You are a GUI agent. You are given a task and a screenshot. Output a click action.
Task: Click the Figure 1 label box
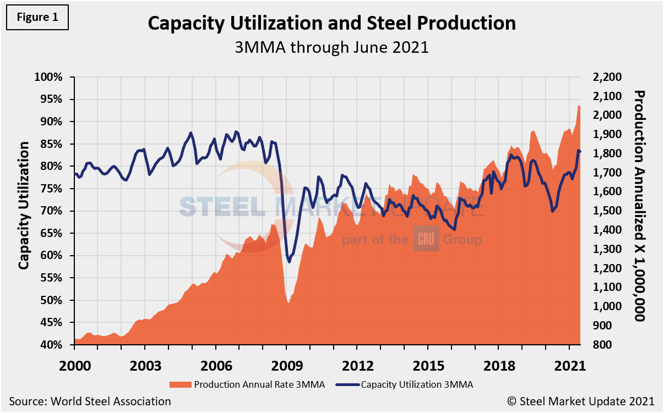point(37,17)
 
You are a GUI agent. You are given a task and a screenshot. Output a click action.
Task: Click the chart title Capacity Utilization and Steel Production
point(332,24)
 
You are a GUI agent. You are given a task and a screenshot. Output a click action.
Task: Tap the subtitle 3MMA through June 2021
point(332,47)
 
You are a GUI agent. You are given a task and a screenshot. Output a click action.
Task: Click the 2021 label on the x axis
point(569,366)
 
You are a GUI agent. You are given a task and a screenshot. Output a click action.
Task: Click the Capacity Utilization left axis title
point(24,205)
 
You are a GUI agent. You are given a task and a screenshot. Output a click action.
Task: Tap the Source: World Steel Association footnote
point(90,401)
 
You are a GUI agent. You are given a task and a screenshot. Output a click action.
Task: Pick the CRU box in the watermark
point(426,240)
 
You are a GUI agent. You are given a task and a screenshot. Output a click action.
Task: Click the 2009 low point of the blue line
point(289,262)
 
